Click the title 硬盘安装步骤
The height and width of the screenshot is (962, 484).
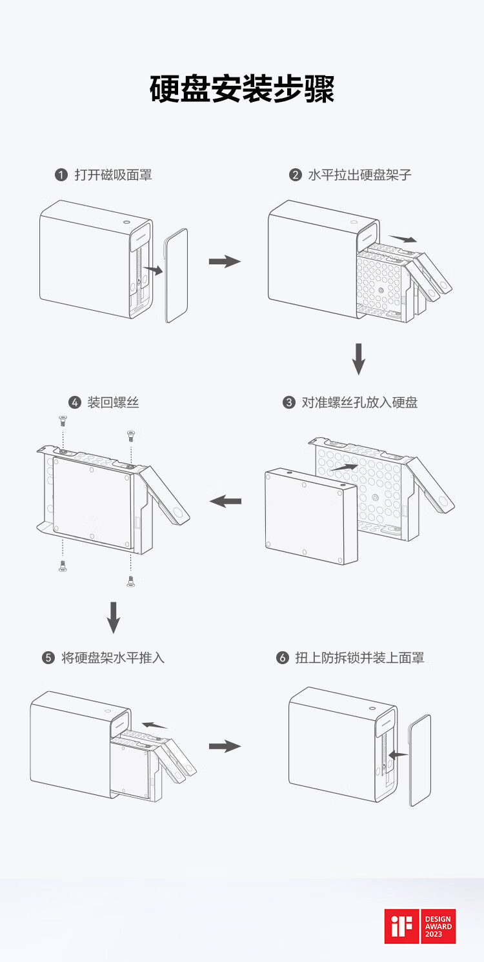[x=242, y=89]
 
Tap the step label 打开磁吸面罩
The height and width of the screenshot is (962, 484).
[x=113, y=175]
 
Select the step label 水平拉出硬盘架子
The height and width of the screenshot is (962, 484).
[x=359, y=175]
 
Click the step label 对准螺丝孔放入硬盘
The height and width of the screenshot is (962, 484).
[x=359, y=402]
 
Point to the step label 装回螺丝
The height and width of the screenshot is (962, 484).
[x=113, y=402]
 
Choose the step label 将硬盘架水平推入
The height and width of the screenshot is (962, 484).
[x=113, y=658]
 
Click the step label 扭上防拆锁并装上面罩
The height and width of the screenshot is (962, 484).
[x=359, y=658]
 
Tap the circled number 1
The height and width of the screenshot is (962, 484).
[x=61, y=175]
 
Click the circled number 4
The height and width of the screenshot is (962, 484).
[x=75, y=403]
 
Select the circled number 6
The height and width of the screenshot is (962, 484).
[x=282, y=658]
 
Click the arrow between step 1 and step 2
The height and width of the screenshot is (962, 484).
[x=224, y=261]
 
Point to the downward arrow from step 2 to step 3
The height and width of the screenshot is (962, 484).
[x=359, y=359]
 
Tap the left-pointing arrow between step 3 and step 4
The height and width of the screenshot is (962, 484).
[x=225, y=501]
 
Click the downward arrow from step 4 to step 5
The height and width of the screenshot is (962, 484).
[x=114, y=617]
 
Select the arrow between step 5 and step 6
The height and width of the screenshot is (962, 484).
[x=224, y=746]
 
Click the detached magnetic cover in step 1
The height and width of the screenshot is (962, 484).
[x=176, y=275]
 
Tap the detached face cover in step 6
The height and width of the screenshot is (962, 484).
[x=420, y=760]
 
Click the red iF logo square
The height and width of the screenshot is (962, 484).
[x=401, y=927]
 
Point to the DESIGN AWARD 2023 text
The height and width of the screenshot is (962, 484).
[x=438, y=927]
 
